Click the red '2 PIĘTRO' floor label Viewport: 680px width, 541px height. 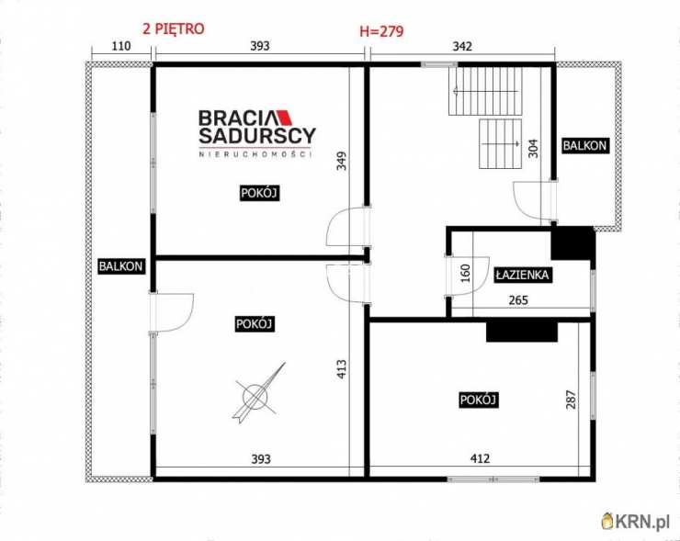tap(173, 28)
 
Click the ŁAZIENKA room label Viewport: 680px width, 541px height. tap(521, 274)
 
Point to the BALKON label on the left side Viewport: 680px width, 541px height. tap(121, 266)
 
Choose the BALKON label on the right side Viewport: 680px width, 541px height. tap(585, 145)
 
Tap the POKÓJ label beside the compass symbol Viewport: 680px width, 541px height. tap(255, 324)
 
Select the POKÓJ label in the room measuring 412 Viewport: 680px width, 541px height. tap(478, 400)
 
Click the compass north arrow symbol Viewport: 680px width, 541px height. tap(259, 394)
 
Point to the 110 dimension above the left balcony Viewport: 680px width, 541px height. tap(119, 46)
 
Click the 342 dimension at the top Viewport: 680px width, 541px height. tap(462, 46)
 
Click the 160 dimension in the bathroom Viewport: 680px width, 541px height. tap(465, 273)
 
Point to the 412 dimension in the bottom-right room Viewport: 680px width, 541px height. tap(480, 459)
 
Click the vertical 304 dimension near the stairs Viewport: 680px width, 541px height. tap(534, 149)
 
